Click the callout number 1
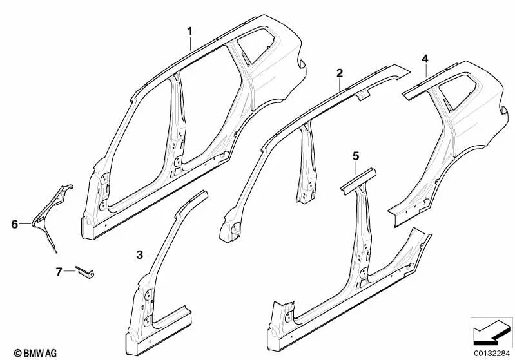click(190, 31)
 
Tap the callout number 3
click(140, 255)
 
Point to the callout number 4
click(425, 59)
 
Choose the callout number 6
click(14, 224)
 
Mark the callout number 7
click(59, 272)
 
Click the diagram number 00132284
click(492, 352)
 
